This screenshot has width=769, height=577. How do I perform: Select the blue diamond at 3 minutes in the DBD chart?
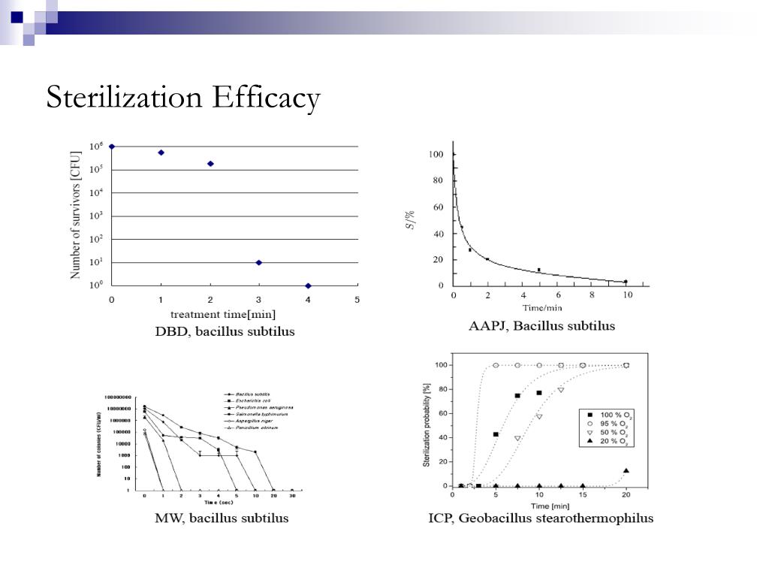pyautogui.click(x=259, y=262)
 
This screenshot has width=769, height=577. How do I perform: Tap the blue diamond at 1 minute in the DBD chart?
pyautogui.click(x=161, y=153)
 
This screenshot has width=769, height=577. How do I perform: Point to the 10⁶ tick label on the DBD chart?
pyautogui.click(x=96, y=147)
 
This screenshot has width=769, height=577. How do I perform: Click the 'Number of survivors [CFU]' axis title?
pyautogui.click(x=75, y=215)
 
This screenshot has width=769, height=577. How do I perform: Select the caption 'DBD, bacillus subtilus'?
pyautogui.click(x=225, y=331)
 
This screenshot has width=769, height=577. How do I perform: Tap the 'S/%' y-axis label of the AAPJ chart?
pyautogui.click(x=410, y=219)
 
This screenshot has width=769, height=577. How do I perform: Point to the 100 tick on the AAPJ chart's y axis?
pyautogui.click(x=436, y=155)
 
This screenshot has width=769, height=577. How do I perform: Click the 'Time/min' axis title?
pyautogui.click(x=543, y=307)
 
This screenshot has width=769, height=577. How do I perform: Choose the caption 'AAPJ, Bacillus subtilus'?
pyautogui.click(x=541, y=325)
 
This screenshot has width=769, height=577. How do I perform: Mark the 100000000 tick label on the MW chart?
pyautogui.click(x=117, y=397)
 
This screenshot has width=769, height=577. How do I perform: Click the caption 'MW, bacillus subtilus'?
pyautogui.click(x=222, y=518)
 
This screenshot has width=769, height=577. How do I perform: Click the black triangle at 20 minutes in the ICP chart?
pyautogui.click(x=626, y=470)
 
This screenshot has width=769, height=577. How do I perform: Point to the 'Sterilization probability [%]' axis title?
pyautogui.click(x=427, y=424)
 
